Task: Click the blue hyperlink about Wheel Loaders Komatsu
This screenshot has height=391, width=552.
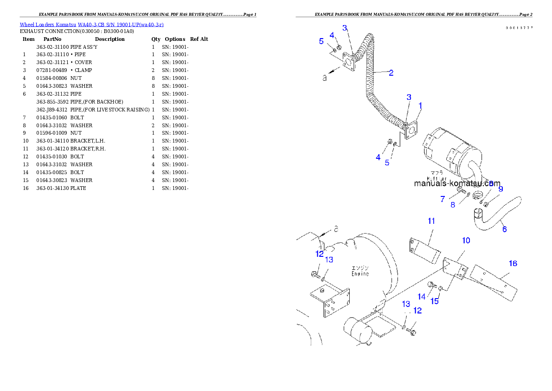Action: (x=91, y=25)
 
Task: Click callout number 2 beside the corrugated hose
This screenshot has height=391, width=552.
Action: (x=391, y=73)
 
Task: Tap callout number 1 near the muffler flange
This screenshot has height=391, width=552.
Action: (x=420, y=106)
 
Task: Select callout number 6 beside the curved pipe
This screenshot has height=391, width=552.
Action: (x=504, y=229)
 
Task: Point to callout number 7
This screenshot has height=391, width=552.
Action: (x=443, y=199)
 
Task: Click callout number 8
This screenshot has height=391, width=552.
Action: (x=453, y=204)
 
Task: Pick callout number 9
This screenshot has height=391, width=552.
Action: (x=501, y=189)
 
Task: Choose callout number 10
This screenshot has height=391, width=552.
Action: (x=466, y=240)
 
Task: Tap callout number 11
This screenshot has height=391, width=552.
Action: (x=431, y=221)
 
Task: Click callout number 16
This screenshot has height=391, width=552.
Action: (x=513, y=263)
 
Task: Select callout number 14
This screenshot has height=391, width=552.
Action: (x=421, y=297)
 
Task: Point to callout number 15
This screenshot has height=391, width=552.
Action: (x=435, y=301)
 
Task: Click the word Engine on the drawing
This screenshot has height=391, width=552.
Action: (x=360, y=274)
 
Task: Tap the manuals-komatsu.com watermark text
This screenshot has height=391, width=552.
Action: (x=457, y=183)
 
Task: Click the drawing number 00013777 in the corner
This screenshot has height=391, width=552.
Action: (x=519, y=28)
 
